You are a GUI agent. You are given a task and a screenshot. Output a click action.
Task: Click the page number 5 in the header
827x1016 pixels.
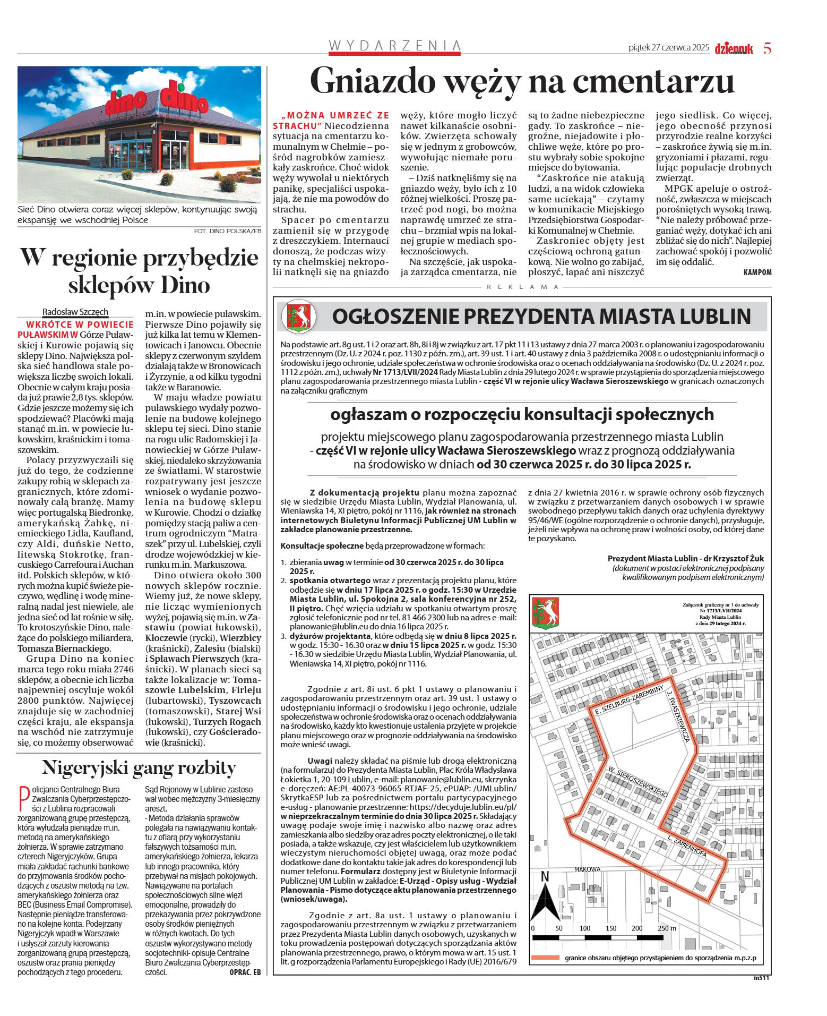click(767, 48)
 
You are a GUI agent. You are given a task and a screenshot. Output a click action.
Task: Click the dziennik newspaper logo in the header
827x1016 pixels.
click(734, 49)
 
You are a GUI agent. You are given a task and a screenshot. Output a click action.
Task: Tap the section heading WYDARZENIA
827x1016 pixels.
click(394, 46)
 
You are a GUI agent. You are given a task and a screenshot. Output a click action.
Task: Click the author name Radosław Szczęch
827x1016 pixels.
click(75, 312)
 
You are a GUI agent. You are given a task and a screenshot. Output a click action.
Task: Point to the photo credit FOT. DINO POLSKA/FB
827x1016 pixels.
click(228, 231)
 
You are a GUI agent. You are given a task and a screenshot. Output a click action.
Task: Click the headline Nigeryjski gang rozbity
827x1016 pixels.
click(139, 768)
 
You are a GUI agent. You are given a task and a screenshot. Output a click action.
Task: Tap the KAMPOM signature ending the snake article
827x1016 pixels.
click(757, 272)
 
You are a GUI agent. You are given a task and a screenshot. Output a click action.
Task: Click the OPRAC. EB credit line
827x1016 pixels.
click(245, 972)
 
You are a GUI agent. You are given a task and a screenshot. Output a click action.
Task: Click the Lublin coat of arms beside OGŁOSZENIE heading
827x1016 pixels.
click(298, 317)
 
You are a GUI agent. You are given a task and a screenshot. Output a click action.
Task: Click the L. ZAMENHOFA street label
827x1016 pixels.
click(688, 847)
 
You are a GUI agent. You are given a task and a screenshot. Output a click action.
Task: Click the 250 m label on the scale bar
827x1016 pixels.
click(667, 928)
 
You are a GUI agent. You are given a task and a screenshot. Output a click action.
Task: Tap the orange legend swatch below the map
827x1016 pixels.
click(546, 958)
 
